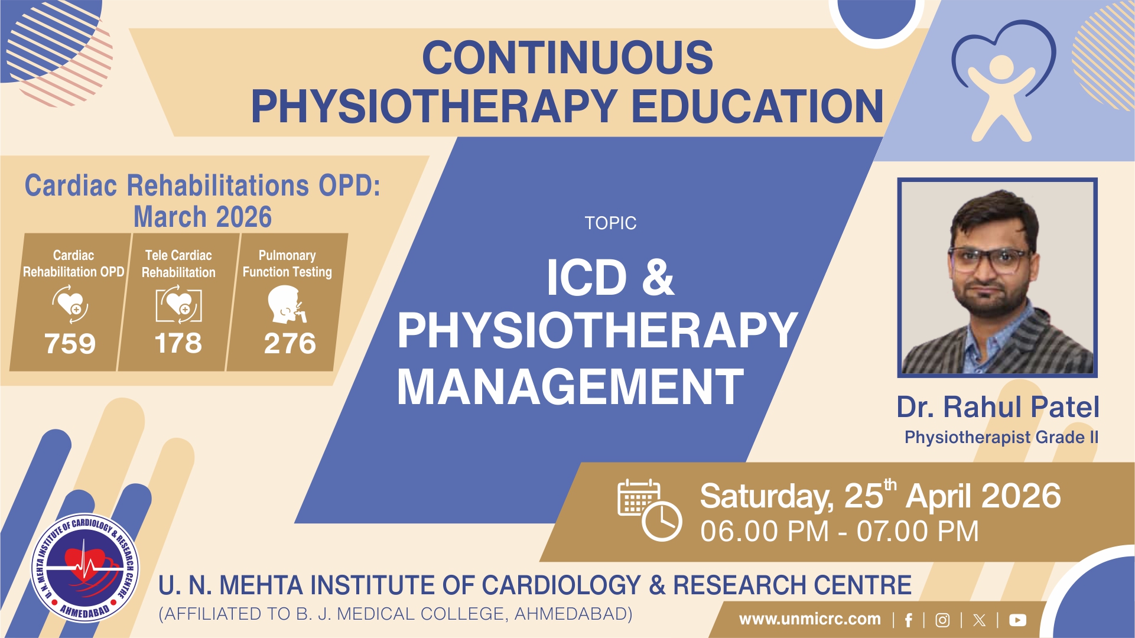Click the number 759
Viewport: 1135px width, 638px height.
tap(70, 343)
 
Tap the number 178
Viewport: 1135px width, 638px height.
tap(178, 343)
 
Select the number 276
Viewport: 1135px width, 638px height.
tap(290, 343)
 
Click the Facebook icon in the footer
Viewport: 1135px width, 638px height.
tap(909, 620)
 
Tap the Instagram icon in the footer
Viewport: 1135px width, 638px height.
tap(943, 620)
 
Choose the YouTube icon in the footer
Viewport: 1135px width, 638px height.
tap(1017, 620)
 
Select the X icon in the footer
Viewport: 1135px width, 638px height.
tap(979, 620)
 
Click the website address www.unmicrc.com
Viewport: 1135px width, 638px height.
tap(809, 619)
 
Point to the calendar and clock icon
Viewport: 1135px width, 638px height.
tap(649, 510)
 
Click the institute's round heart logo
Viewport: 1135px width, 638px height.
tap(85, 568)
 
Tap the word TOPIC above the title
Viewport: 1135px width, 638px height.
tap(610, 223)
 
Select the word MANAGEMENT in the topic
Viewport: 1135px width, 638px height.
tap(570, 387)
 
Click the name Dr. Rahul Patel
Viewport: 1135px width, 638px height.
tap(998, 407)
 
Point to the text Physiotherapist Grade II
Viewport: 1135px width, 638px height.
tap(1001, 437)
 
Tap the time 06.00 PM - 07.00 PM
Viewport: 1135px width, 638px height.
tap(839, 531)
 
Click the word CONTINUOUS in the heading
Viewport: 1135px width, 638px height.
tap(567, 57)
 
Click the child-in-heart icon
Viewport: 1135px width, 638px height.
tap(1003, 82)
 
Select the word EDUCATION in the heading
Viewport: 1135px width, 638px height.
tap(758, 106)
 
